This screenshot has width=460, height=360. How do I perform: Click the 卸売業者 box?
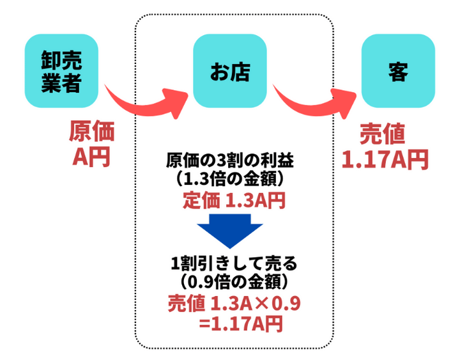[61, 71]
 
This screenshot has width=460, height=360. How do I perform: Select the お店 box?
[229, 71]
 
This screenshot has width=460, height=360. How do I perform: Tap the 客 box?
[398, 71]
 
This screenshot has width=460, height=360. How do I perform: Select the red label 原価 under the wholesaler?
[91, 133]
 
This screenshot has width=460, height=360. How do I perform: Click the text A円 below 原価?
[91, 155]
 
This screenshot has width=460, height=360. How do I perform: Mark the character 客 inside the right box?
[398, 71]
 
